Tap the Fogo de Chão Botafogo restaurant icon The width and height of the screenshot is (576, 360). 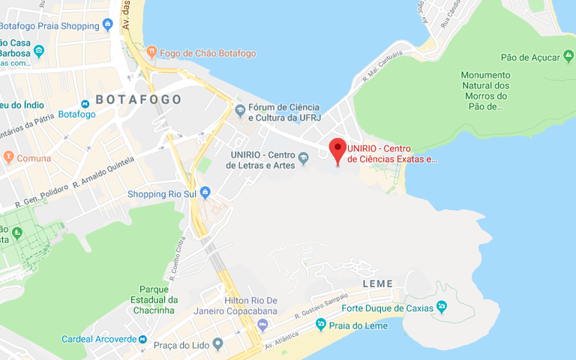[x=151, y=52]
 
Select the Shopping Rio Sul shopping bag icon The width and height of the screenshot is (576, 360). [x=205, y=193]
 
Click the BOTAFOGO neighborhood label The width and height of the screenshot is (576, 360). [x=138, y=99]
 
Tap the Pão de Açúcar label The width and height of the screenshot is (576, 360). [x=531, y=58]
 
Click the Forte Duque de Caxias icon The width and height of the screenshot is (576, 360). [x=442, y=307]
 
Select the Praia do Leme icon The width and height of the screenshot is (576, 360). [x=321, y=324]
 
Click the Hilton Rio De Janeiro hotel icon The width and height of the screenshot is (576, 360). [x=262, y=324]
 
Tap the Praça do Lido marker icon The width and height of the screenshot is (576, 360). [x=217, y=343]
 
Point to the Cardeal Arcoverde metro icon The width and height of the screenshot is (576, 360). [x=142, y=339]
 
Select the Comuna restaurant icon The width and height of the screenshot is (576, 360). [x=8, y=157]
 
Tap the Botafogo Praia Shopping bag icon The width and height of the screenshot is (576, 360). [x=108, y=25]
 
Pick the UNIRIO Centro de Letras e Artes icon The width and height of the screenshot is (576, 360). [x=304, y=158]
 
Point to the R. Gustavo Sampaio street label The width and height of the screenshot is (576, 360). [x=323, y=304]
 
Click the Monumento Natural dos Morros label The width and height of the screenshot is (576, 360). [x=485, y=91]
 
